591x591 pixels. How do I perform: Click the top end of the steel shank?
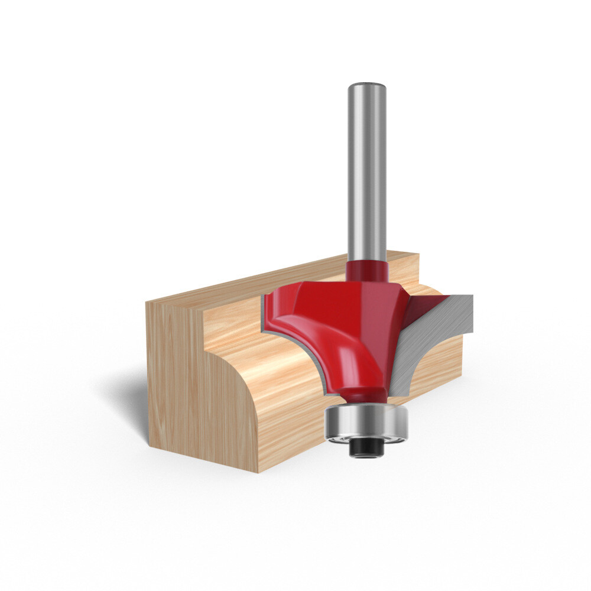click(x=367, y=86)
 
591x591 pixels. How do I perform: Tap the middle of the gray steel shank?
click(x=367, y=177)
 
